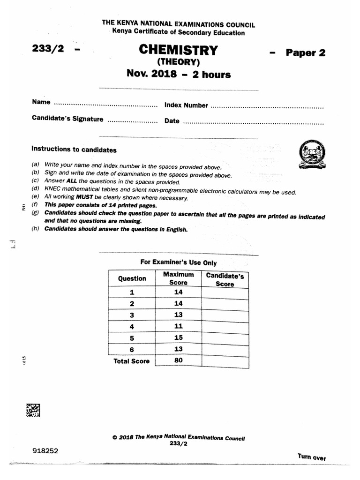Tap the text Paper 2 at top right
click(x=306, y=52)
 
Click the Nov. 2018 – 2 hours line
click(x=178, y=74)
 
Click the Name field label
click(x=41, y=102)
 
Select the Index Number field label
click(x=186, y=105)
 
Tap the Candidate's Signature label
click(x=67, y=119)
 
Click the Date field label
click(x=172, y=121)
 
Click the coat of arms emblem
click(x=310, y=155)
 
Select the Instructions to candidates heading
click(x=74, y=150)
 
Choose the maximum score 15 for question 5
click(x=178, y=338)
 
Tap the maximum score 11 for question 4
click(x=178, y=326)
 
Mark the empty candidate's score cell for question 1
click(x=225, y=292)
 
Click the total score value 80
click(x=178, y=360)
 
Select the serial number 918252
click(x=46, y=450)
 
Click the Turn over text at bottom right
click(x=311, y=457)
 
